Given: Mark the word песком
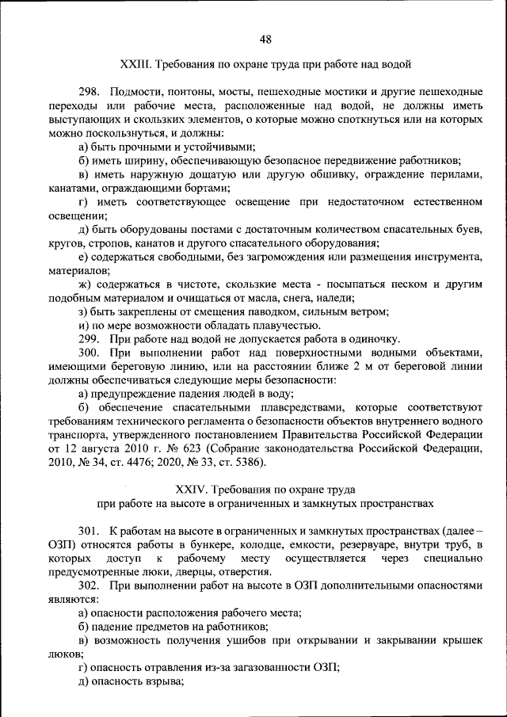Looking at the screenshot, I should [x=361, y=284].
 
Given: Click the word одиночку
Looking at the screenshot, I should [x=372, y=338].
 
